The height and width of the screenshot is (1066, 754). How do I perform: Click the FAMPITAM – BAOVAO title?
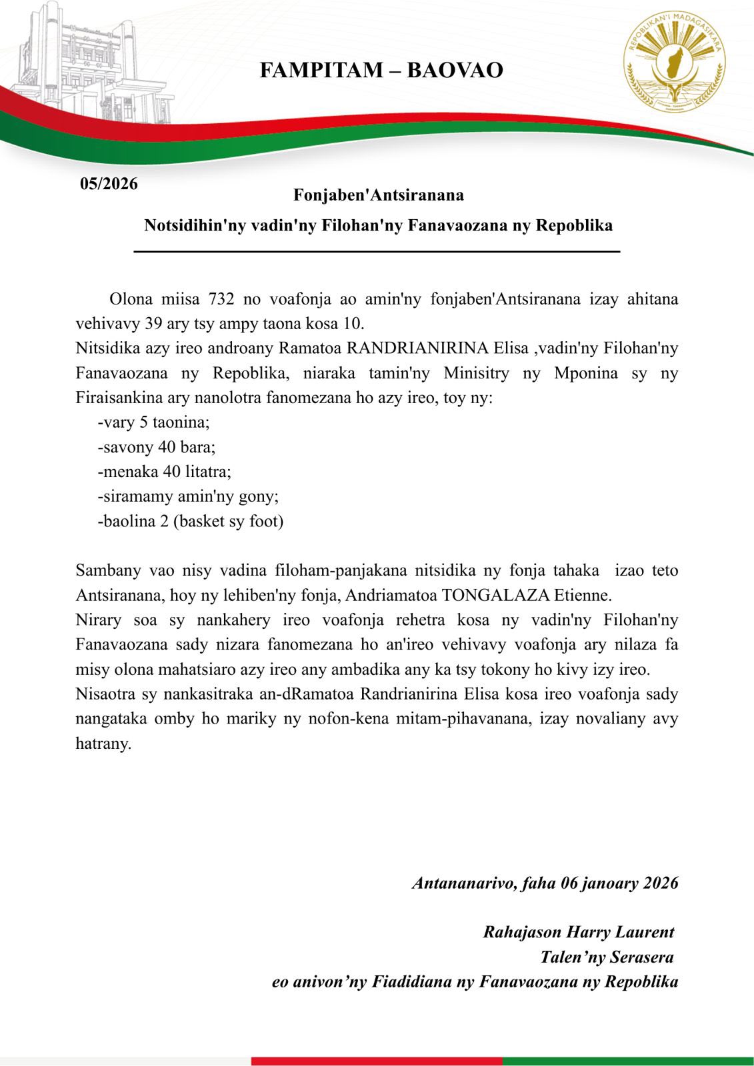click(381, 70)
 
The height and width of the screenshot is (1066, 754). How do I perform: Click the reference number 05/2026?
click(109, 184)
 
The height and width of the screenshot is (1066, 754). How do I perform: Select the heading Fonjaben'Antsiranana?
click(378, 195)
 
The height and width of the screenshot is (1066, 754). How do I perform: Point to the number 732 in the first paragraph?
click(221, 298)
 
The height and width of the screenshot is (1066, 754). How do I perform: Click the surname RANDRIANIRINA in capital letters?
click(417, 348)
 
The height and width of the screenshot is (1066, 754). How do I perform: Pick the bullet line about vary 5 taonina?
click(154, 422)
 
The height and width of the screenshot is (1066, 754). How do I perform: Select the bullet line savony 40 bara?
click(157, 446)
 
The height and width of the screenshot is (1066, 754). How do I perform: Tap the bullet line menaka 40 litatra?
click(165, 471)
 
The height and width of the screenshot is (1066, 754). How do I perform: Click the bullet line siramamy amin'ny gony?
click(188, 496)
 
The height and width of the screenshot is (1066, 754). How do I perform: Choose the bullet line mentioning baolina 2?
click(191, 520)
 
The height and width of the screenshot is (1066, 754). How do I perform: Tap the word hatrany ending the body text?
click(103, 743)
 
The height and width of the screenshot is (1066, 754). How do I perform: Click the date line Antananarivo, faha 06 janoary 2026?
click(545, 883)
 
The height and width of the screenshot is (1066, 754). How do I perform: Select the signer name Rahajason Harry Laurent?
click(578, 932)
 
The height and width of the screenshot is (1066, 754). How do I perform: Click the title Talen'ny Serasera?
click(607, 957)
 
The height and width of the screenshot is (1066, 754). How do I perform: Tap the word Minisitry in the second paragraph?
click(476, 372)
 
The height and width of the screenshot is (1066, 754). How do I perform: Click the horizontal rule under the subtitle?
click(377, 252)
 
